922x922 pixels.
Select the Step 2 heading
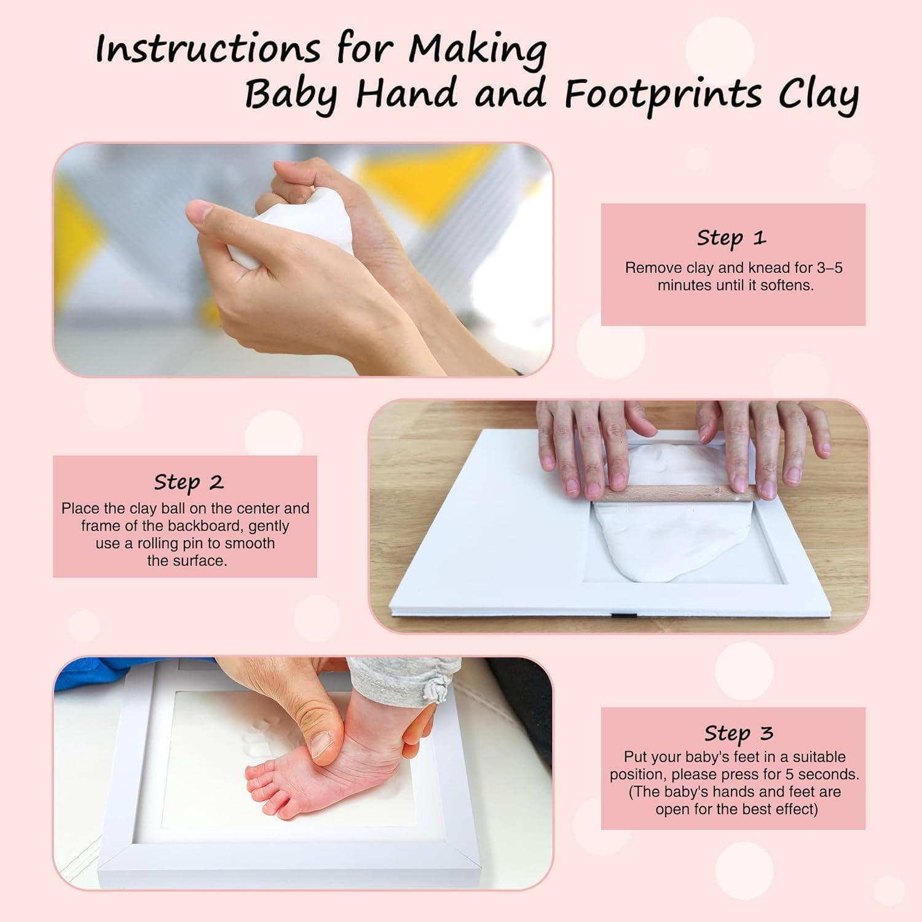(188, 482)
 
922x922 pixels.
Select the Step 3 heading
(738, 733)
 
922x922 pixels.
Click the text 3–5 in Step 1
(829, 268)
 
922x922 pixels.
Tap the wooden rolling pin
(676, 494)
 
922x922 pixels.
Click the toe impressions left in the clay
(258, 738)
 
